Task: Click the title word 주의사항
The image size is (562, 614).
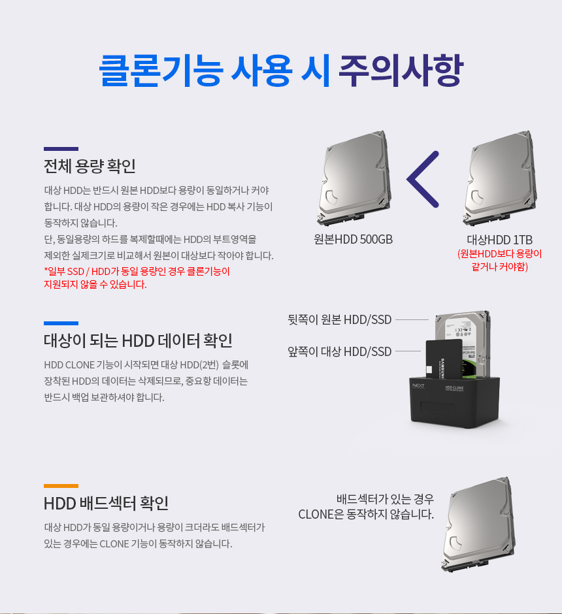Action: (x=401, y=71)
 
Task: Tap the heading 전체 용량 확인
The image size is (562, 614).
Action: (x=90, y=166)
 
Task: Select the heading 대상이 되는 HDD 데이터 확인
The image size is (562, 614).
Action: (x=138, y=341)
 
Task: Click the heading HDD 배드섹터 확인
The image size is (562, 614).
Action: (x=106, y=503)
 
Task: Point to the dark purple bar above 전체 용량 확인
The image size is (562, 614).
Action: (x=61, y=149)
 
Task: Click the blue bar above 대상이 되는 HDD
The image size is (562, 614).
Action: (x=61, y=323)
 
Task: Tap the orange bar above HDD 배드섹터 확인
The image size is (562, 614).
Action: (x=61, y=486)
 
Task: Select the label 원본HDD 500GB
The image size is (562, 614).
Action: (x=354, y=239)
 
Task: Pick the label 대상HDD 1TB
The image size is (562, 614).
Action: (x=500, y=240)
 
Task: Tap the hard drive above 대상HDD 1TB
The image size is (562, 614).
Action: (x=500, y=178)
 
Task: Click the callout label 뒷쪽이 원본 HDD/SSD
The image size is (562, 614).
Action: (x=340, y=319)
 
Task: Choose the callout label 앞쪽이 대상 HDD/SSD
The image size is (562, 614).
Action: (x=340, y=351)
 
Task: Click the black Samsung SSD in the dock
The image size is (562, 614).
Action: (x=444, y=359)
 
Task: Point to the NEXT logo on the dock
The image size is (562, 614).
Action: (x=418, y=386)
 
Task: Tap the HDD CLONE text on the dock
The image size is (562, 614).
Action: (x=454, y=388)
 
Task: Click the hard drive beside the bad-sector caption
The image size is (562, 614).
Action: (x=478, y=525)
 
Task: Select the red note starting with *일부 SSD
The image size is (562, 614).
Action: (x=137, y=278)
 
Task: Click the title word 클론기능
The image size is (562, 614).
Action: (x=161, y=71)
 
